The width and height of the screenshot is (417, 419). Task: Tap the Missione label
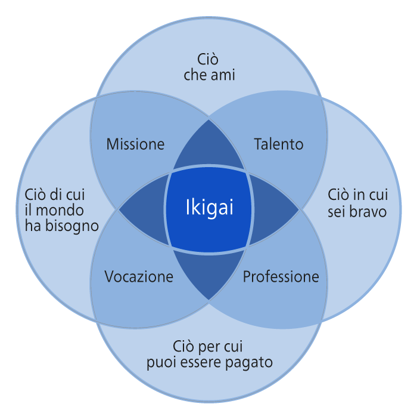pos(135,144)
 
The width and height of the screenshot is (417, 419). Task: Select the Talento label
pos(279,144)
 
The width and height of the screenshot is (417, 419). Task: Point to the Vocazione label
pos(139,277)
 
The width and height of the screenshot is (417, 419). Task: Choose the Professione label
pos(281,277)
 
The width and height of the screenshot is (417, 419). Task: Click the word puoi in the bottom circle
pos(160,362)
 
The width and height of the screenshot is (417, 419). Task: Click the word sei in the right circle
pos(337,211)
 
